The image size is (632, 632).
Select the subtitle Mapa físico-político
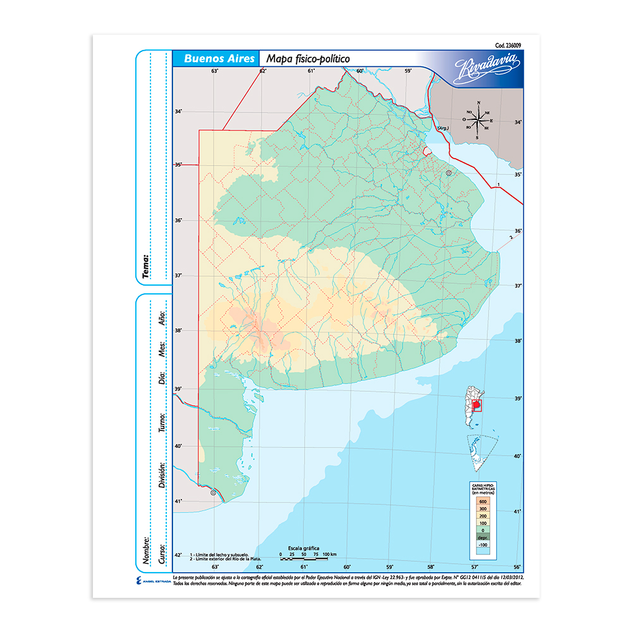pos(308,58)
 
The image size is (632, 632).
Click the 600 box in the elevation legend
pos(483,501)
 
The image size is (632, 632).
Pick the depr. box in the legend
pos(483,537)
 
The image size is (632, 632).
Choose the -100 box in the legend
pos(483,545)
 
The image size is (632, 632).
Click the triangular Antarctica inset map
pos(480,453)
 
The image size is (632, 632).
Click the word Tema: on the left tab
pos(147,266)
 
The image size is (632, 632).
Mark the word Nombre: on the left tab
pos(147,550)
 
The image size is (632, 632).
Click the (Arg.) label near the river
pos(443,128)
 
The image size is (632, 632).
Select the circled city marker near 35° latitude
pos(449,173)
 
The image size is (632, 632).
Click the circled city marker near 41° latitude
pos(213,492)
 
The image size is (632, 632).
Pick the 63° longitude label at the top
pos(215,71)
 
